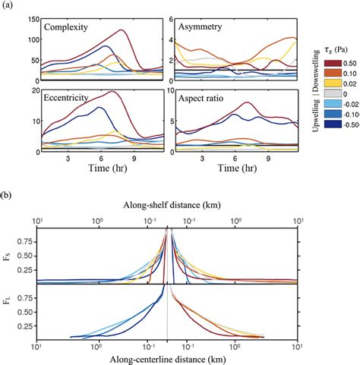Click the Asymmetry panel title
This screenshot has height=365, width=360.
click(201, 27)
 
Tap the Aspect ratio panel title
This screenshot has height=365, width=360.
click(203, 99)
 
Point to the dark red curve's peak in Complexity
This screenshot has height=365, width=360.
click(121, 30)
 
